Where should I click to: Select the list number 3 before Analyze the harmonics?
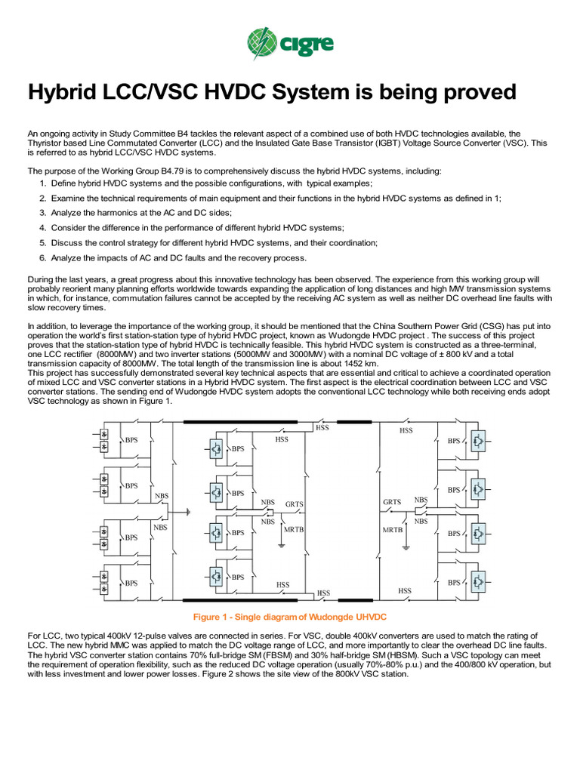pyautogui.click(x=43, y=213)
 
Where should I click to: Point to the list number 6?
pyautogui.click(x=43, y=258)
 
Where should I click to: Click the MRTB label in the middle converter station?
pyautogui.click(x=294, y=529)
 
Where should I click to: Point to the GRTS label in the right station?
pyautogui.click(x=392, y=502)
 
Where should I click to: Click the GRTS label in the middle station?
pyautogui.click(x=295, y=503)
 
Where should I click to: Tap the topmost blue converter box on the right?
pyautogui.click(x=478, y=441)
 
